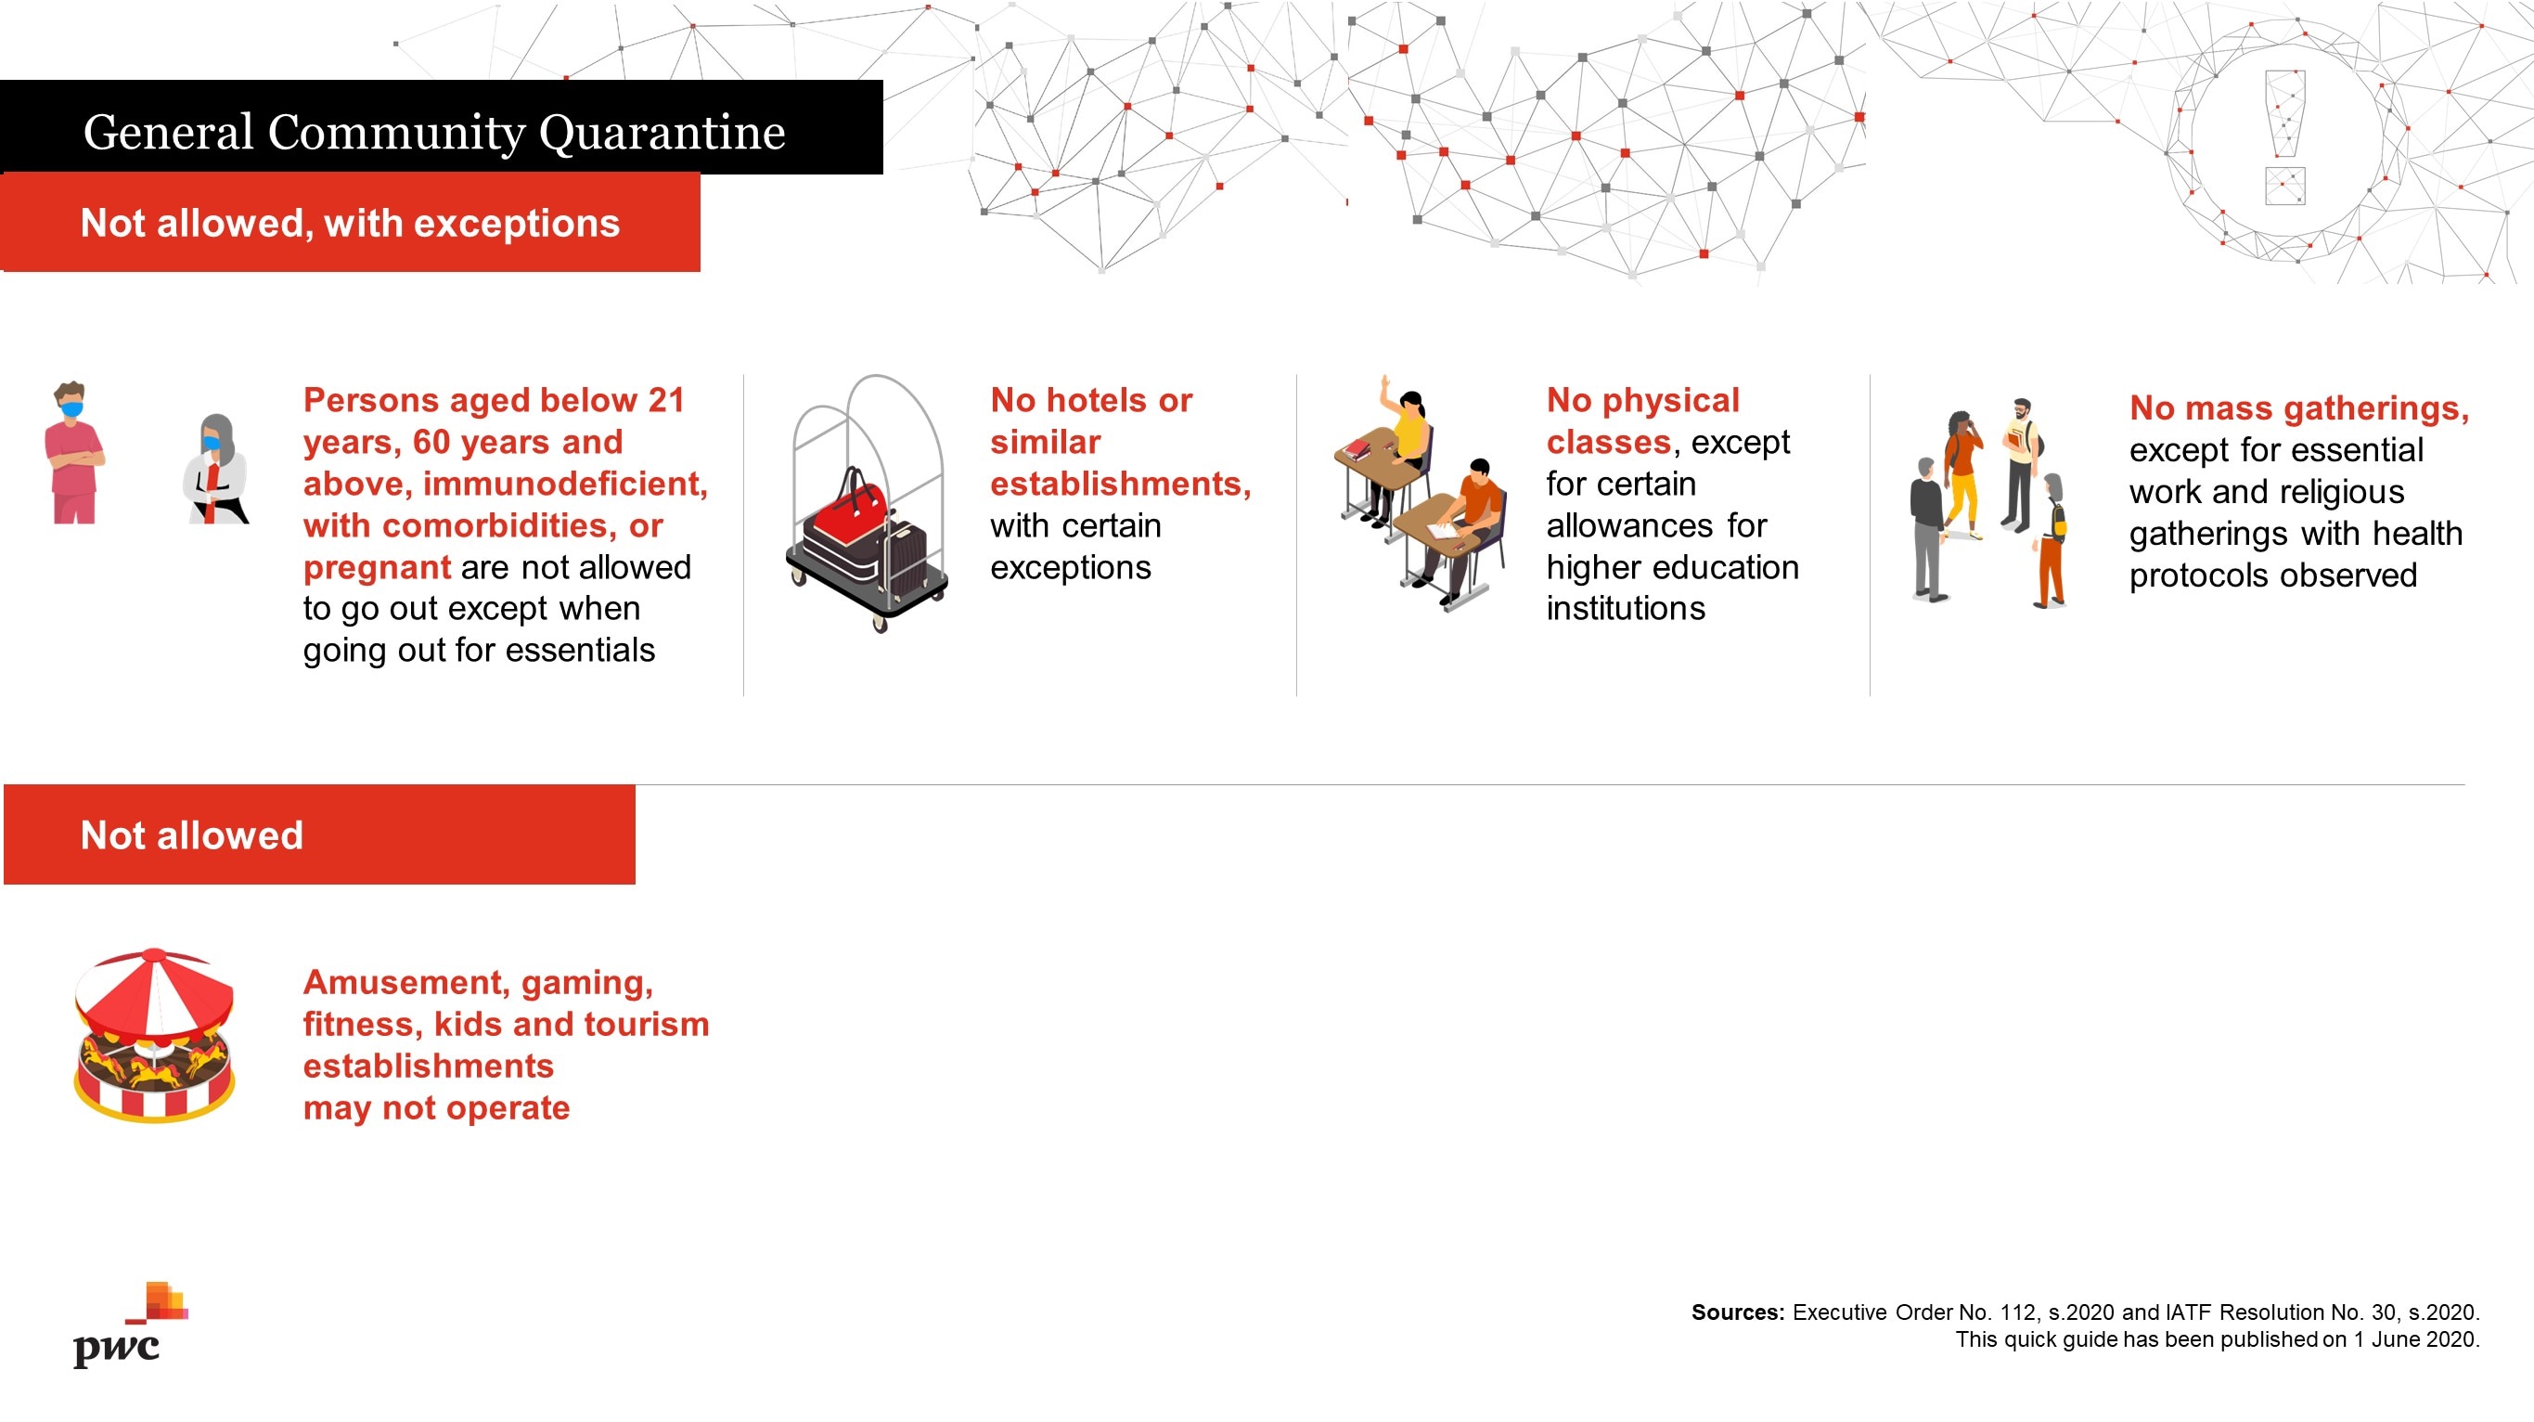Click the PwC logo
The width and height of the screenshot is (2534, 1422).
(x=130, y=1325)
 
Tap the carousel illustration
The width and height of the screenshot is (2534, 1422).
(x=154, y=1035)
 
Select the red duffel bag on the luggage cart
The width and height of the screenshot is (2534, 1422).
(x=847, y=511)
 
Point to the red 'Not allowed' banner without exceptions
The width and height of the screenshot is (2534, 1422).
(x=320, y=834)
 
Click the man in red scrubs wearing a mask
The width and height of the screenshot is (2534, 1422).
(x=74, y=453)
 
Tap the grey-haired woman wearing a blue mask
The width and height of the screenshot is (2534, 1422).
(x=215, y=470)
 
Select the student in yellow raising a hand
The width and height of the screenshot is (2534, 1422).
(x=1406, y=447)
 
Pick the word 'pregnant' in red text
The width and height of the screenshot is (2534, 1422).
(x=377, y=568)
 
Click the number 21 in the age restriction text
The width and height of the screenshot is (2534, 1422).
(x=666, y=401)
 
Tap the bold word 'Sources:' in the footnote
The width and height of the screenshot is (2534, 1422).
(x=1737, y=1312)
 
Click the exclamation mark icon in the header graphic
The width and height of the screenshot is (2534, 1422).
(x=2284, y=136)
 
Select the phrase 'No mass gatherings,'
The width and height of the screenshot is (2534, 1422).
(x=2299, y=407)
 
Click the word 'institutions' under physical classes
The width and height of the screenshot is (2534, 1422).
(x=1625, y=608)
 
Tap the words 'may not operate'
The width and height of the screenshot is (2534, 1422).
(x=436, y=1108)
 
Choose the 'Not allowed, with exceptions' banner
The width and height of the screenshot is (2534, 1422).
(x=350, y=223)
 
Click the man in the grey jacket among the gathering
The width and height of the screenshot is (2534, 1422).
(x=1928, y=528)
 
